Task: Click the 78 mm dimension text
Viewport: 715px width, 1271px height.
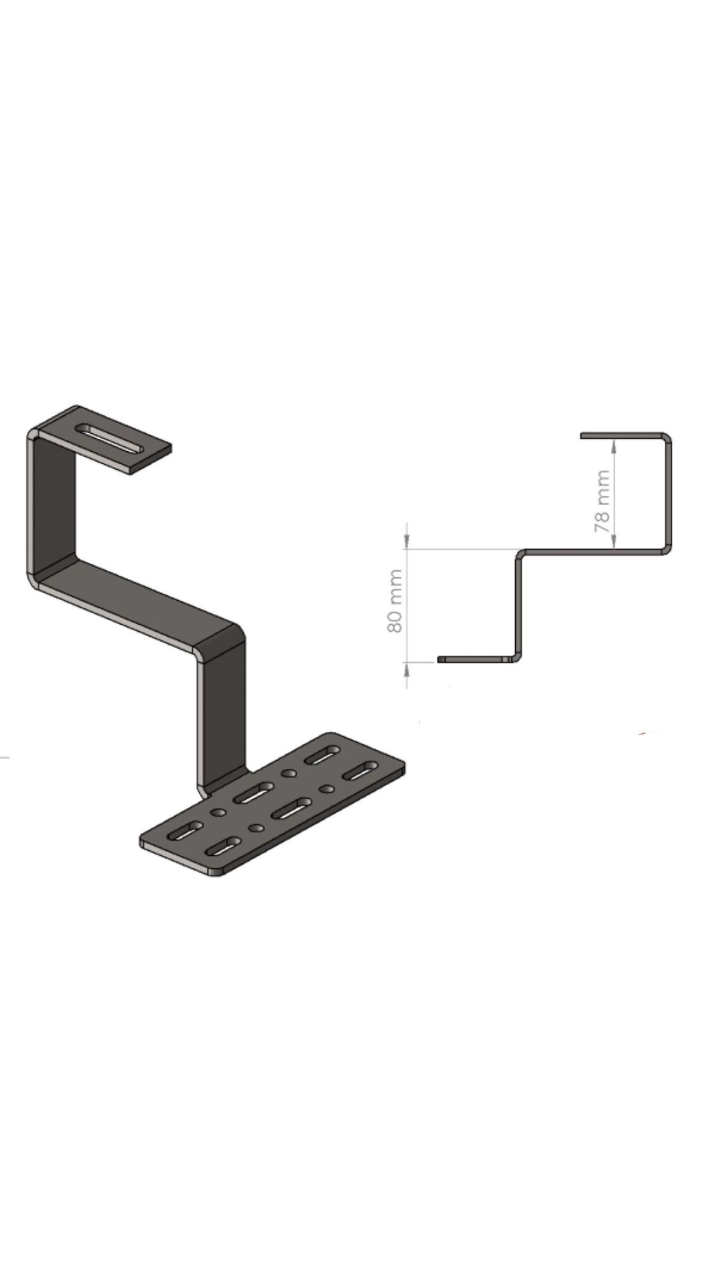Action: point(602,500)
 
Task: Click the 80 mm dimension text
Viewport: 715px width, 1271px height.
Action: point(395,601)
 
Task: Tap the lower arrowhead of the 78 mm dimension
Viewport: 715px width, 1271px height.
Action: point(614,542)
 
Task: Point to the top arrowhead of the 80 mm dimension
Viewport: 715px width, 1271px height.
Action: point(407,542)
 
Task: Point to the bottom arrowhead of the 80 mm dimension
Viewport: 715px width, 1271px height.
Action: point(407,669)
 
